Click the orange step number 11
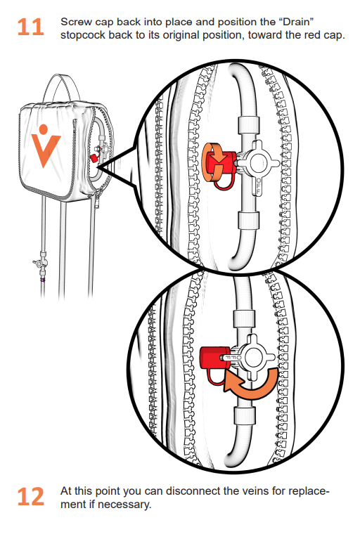click(31, 27)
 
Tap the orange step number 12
click(31, 496)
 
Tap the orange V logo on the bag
click(46, 146)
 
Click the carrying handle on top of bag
click(61, 87)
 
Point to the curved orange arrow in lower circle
click(251, 385)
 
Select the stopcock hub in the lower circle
click(254, 358)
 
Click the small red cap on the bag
click(94, 158)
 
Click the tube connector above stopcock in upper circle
click(248, 125)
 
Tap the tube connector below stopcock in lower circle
click(245, 415)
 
